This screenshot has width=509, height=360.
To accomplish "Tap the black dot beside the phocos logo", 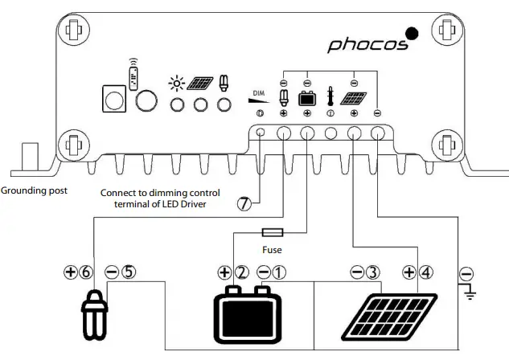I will [412, 34].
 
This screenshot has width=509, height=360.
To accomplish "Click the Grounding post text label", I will [34, 191].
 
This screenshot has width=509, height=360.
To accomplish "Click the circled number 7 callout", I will [244, 204].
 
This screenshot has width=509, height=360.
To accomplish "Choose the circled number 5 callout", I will [134, 272].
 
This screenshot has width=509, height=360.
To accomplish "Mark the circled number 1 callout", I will [278, 272].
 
